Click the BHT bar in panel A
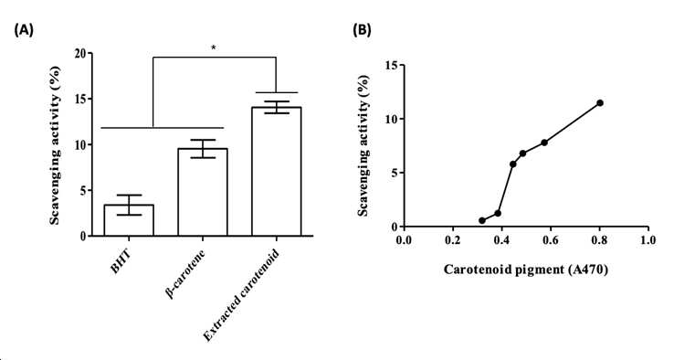click(x=129, y=220)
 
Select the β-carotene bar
click(x=203, y=192)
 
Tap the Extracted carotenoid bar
click(x=277, y=171)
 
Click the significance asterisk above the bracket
click(x=213, y=48)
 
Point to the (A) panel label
click(x=23, y=30)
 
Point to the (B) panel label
click(x=362, y=29)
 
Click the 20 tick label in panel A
click(x=79, y=53)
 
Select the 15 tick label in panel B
click(x=392, y=65)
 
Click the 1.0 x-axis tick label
click(x=648, y=239)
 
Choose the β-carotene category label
click(x=184, y=273)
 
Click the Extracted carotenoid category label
click(x=241, y=295)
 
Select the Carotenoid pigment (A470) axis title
click(x=526, y=270)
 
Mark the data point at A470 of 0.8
click(x=600, y=103)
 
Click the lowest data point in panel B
click(x=482, y=220)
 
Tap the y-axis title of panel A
click(x=55, y=145)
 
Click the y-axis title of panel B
click(x=363, y=145)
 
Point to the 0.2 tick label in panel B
click(x=453, y=239)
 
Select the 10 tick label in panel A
click(x=79, y=144)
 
